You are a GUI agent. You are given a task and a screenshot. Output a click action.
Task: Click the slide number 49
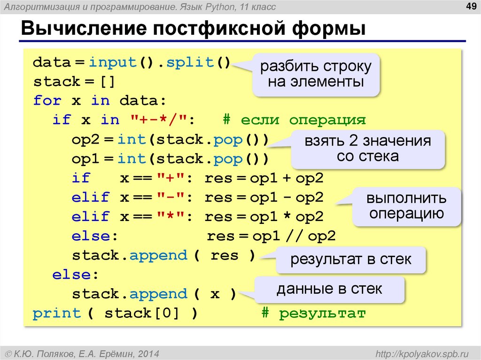tap(469, 6)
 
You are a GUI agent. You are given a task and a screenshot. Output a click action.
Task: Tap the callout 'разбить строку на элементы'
tap(316, 74)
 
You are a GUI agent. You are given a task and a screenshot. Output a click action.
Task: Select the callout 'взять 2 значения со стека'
tap(367, 148)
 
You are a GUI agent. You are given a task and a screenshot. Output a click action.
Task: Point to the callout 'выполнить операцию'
tap(407, 206)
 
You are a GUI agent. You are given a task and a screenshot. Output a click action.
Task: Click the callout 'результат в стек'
tap(350, 259)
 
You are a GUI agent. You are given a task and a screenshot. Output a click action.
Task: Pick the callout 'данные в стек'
tap(329, 289)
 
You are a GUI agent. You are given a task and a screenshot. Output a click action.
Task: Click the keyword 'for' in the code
tap(47, 100)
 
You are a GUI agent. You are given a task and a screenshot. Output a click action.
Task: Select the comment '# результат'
tap(313, 313)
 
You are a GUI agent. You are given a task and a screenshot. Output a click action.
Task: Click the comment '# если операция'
tap(294, 120)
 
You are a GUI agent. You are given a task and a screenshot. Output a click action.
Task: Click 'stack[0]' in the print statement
tap(142, 313)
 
